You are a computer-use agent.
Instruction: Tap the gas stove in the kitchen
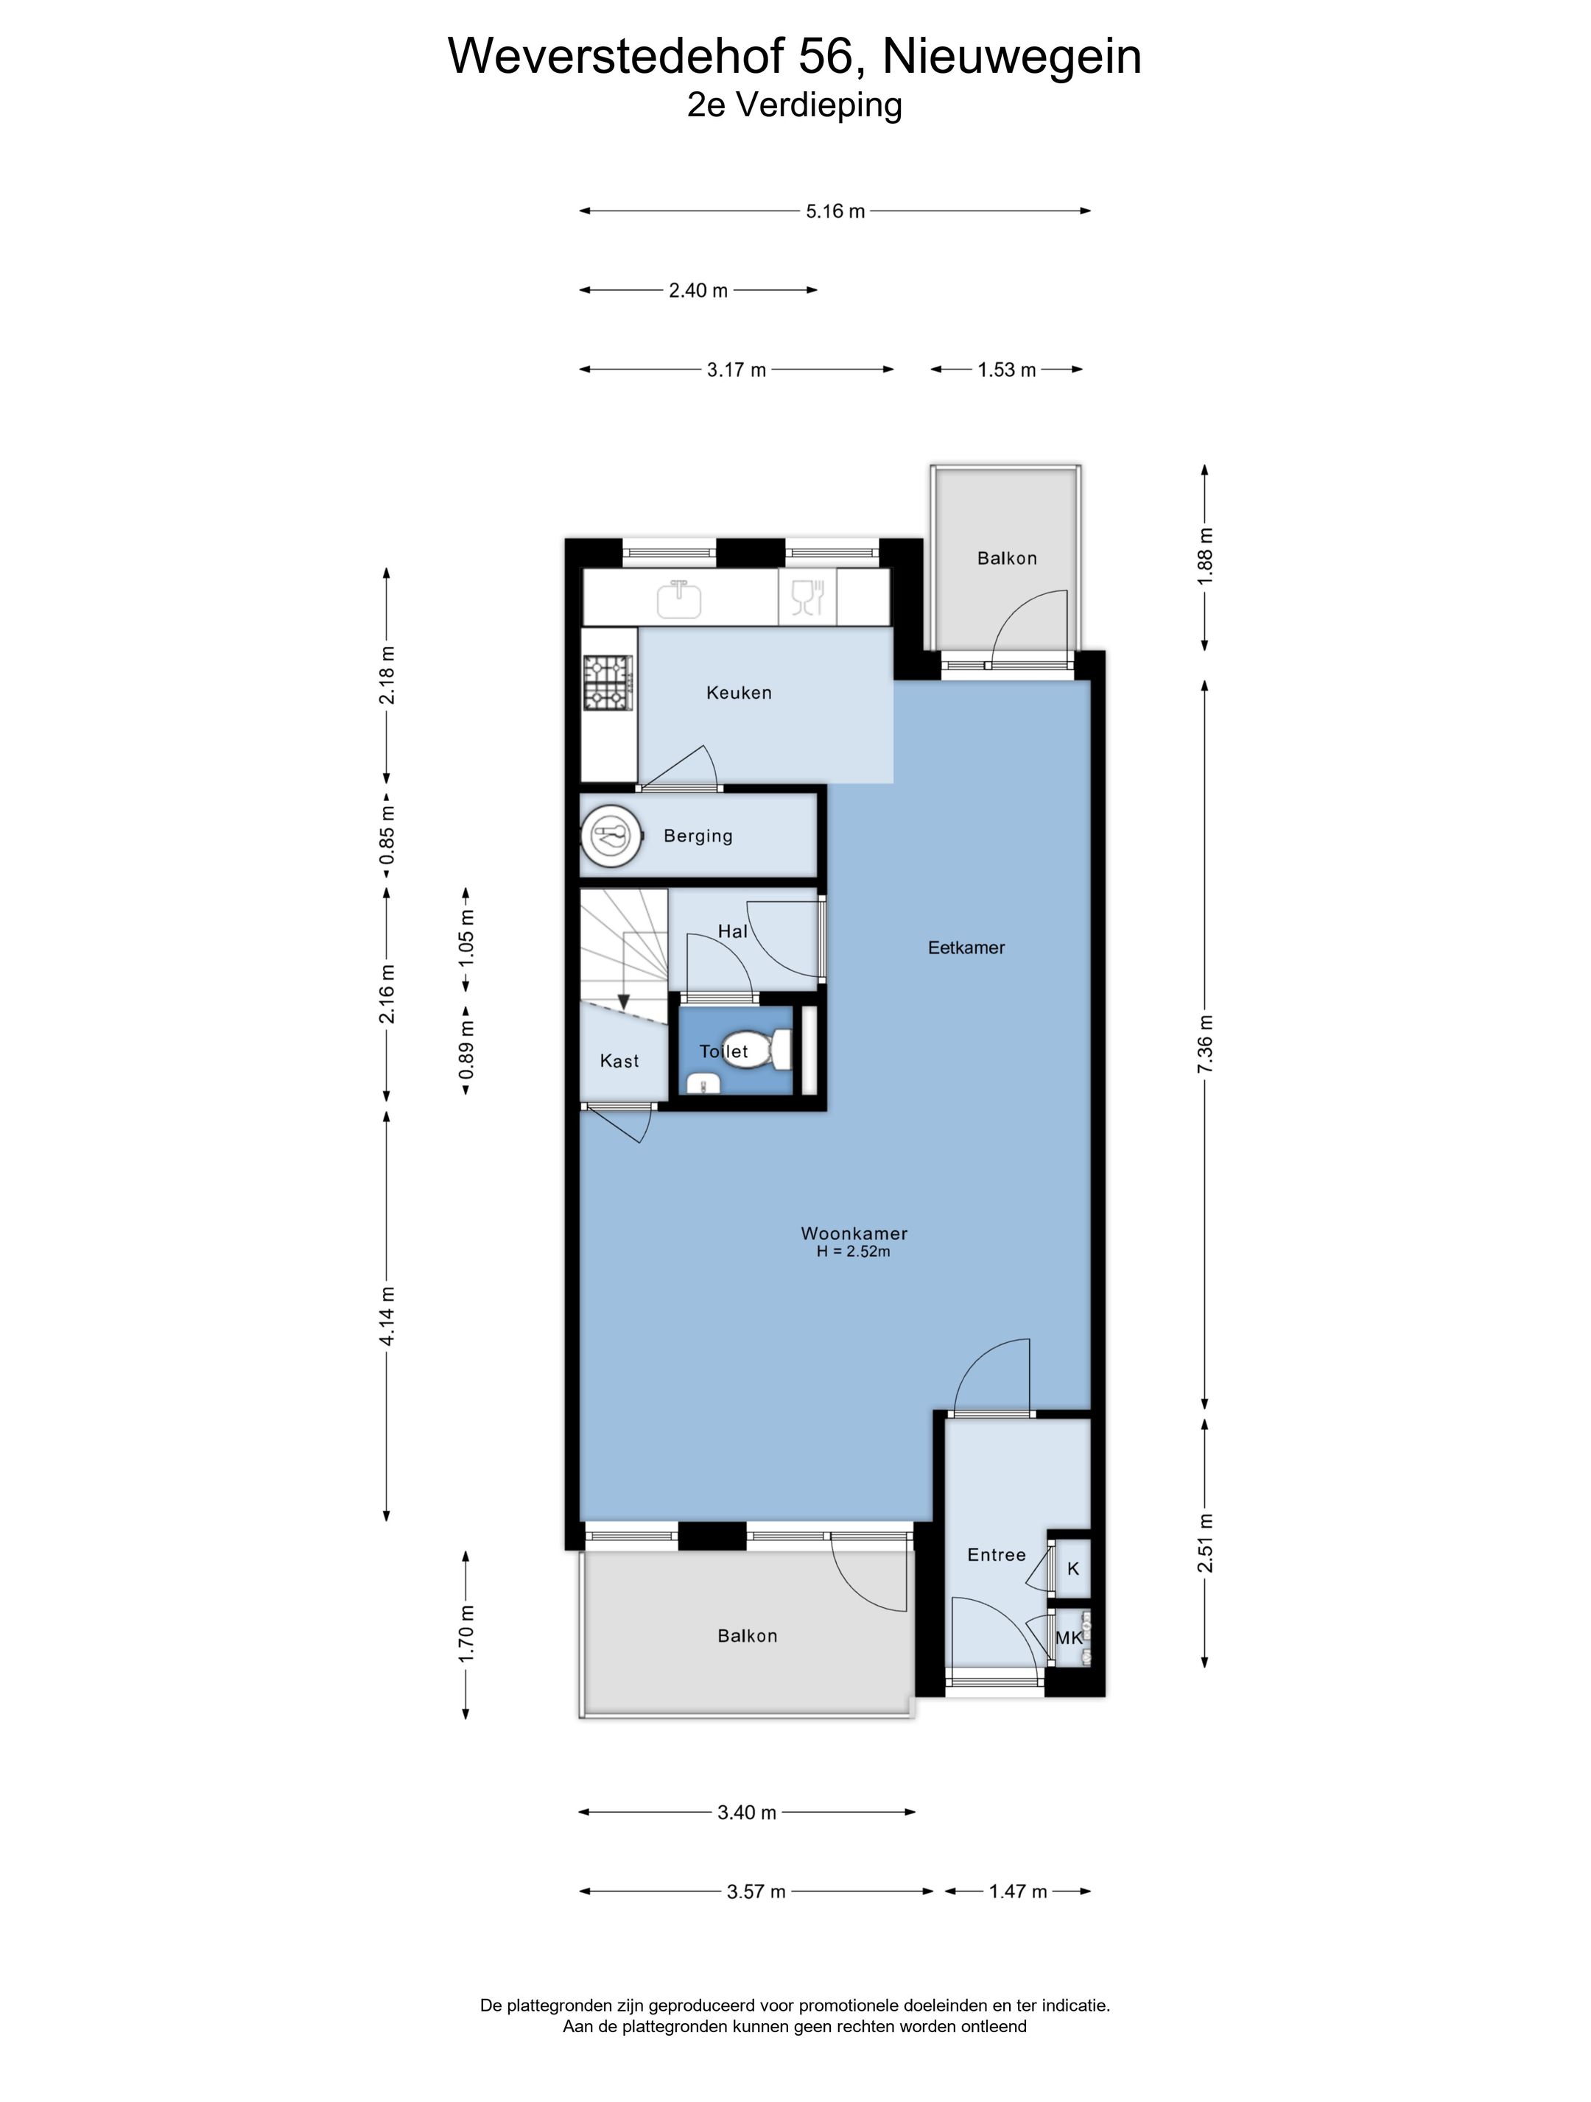608,683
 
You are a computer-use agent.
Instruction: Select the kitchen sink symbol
680,599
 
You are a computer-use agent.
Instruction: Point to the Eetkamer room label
966,948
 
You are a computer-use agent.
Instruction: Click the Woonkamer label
854,1233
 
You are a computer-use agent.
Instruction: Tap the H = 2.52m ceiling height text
854,1252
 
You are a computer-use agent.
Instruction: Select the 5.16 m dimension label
835,211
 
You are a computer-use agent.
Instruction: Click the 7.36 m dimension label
1205,1044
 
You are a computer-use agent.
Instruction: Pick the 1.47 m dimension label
1018,1891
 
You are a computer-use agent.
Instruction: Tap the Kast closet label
619,1062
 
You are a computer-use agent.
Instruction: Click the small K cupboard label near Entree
1073,1569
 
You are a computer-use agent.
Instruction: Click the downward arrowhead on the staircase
623,1003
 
